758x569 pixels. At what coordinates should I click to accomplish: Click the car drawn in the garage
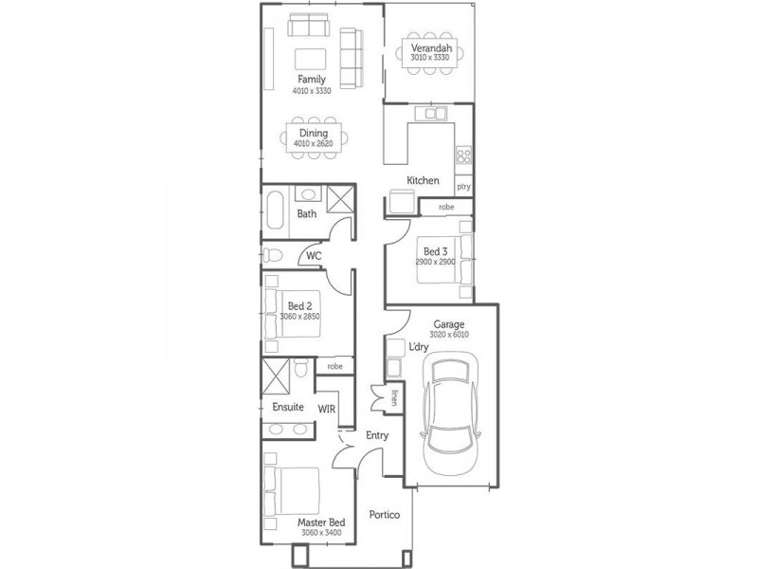pyautogui.click(x=448, y=413)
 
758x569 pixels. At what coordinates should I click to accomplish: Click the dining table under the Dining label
pyautogui.click(x=314, y=138)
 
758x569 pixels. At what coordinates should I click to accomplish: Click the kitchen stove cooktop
pyautogui.click(x=463, y=156)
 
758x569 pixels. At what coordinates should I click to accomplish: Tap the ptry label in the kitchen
pyautogui.click(x=463, y=187)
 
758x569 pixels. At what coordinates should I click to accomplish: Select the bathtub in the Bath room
pyautogui.click(x=274, y=212)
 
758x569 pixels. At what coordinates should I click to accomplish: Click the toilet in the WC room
pyautogui.click(x=272, y=255)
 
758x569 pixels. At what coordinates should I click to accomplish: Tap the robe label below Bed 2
pyautogui.click(x=334, y=366)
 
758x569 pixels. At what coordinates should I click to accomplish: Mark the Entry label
pyautogui.click(x=377, y=435)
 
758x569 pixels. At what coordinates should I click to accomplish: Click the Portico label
pyautogui.click(x=385, y=514)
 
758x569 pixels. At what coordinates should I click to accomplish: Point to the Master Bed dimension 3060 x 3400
pyautogui.click(x=320, y=532)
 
